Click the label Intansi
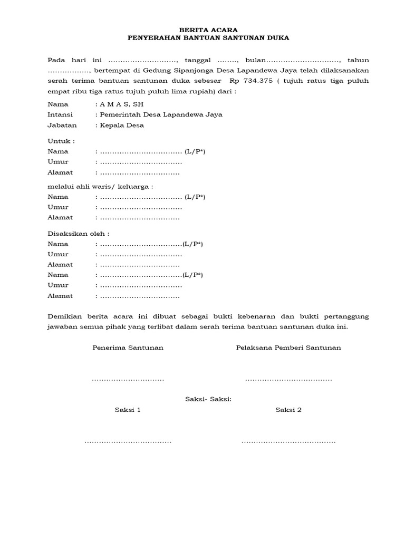pos(60,115)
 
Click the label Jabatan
pos(62,126)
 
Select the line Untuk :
pos(61,141)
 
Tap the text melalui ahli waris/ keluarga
pos(100,186)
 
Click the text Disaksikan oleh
pos(79,234)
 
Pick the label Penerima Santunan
pos(128,348)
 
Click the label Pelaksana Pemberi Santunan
pos(288,348)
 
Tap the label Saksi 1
pos(128,410)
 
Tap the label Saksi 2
pos(288,410)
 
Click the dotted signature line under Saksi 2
pos(288,442)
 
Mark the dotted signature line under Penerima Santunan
pos(128,380)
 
